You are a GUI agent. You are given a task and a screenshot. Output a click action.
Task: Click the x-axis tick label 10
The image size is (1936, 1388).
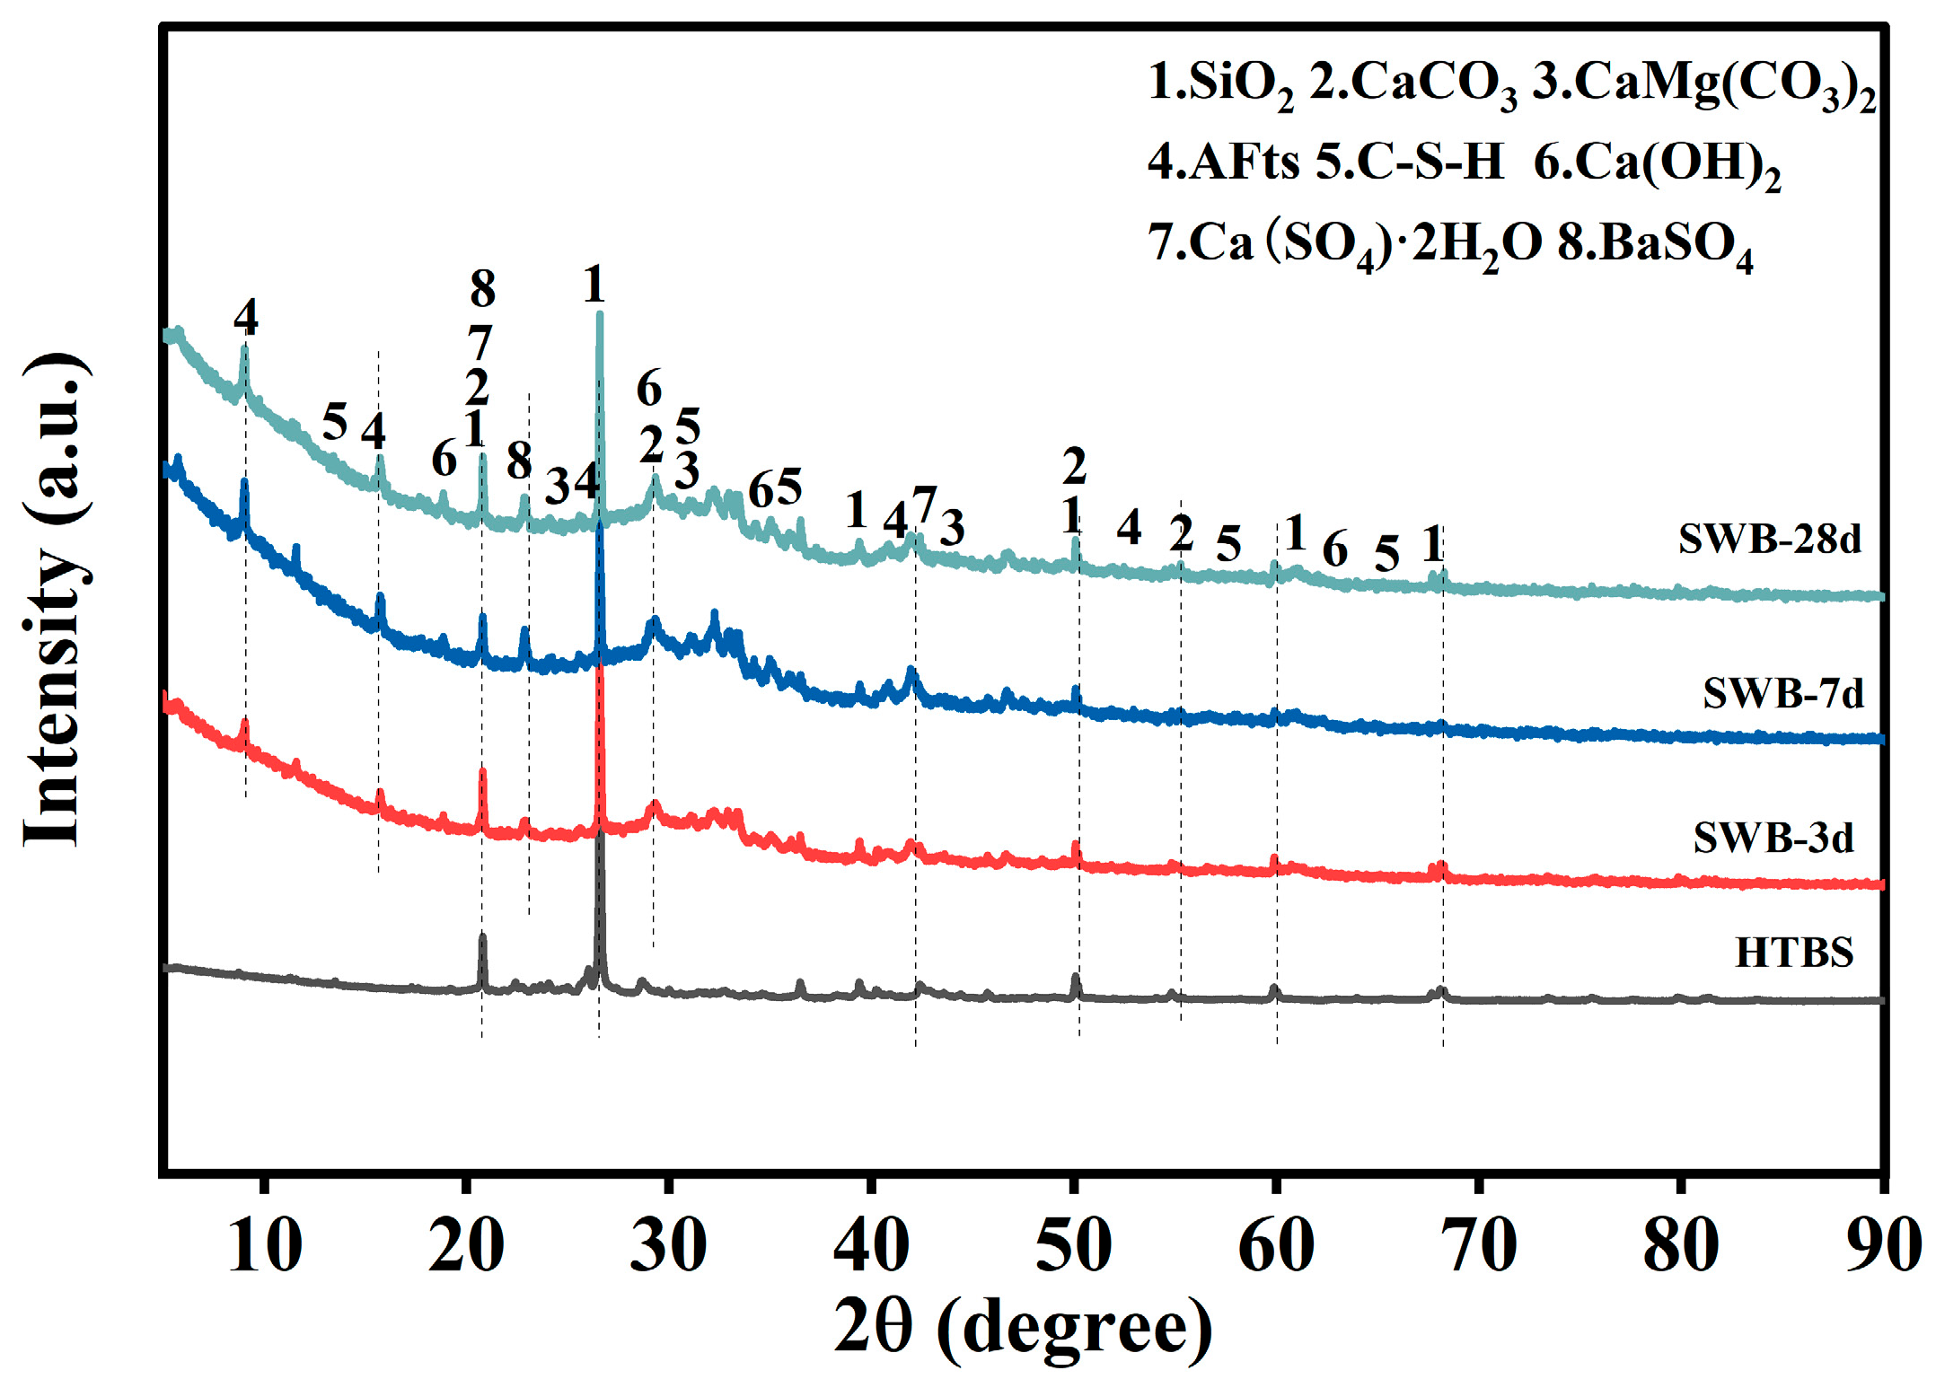264,1247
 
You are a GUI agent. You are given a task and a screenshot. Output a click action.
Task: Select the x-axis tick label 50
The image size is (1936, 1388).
1073,1247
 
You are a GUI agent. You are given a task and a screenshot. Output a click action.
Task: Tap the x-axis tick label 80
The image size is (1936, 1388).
1680,1247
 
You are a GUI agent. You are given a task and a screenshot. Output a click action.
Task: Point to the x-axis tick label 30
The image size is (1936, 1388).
668,1247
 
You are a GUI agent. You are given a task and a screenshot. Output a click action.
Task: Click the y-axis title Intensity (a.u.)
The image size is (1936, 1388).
56,599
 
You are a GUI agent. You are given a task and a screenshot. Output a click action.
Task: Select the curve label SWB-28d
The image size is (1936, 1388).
1770,539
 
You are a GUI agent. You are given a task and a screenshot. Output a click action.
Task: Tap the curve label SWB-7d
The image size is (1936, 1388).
1783,693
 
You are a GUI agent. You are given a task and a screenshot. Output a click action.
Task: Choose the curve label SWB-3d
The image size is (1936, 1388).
1773,838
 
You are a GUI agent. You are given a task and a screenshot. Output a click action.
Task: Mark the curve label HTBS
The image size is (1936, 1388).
1794,952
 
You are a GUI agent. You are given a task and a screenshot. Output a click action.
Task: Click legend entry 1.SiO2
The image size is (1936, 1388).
1220,84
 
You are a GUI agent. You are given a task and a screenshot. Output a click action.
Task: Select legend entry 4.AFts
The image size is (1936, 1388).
1223,163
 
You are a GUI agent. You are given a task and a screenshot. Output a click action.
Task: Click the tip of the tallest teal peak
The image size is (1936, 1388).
600,314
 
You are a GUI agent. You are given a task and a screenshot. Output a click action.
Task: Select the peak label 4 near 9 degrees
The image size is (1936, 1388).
246,317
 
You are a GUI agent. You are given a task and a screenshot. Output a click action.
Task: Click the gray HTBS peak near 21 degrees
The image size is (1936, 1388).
483,937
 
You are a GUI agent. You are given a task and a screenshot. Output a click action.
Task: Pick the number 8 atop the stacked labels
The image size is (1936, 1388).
483,289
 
